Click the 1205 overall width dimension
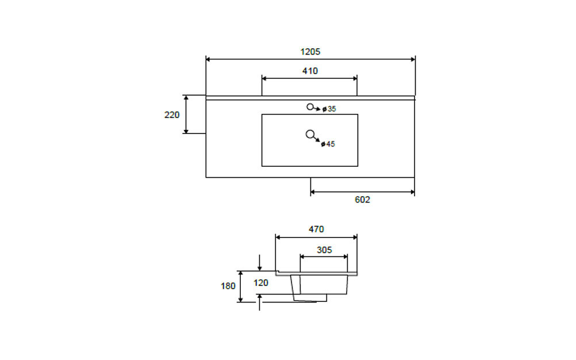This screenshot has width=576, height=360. point(310,51)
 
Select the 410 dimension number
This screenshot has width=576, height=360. point(310,71)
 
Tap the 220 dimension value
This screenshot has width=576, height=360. point(172,114)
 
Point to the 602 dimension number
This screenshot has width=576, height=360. point(362,200)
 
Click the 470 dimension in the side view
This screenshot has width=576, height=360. point(316,229)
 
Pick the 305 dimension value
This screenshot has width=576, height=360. point(324,250)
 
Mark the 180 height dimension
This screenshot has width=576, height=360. point(228,285)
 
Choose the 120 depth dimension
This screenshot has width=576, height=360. point(261,282)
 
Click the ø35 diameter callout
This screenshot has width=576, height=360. point(329,109)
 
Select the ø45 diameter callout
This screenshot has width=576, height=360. point(328,144)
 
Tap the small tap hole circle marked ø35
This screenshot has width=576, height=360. point(310,106)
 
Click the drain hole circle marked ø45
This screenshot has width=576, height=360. point(310,135)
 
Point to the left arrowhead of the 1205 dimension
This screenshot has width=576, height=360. point(209,59)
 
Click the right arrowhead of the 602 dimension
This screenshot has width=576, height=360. point(412,193)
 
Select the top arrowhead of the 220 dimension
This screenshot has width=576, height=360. point(186,98)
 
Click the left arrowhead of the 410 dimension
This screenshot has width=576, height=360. point(264,78)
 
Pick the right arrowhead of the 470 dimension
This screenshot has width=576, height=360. point(354,236)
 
